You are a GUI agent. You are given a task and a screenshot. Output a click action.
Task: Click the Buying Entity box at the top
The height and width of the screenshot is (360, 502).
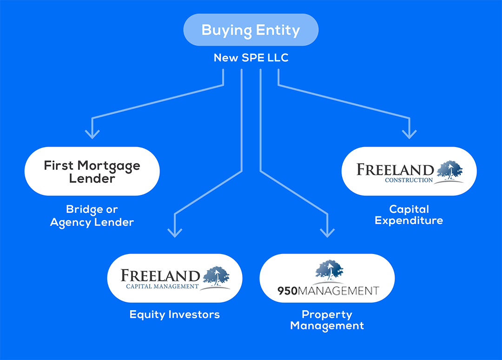(x=251, y=30)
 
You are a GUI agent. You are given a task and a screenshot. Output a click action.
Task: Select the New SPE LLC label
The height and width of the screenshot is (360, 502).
(x=251, y=58)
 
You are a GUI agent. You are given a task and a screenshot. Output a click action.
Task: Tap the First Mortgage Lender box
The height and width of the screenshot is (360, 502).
(x=92, y=171)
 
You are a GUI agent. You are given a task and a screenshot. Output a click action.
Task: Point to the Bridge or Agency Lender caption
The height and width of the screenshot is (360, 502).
(x=92, y=216)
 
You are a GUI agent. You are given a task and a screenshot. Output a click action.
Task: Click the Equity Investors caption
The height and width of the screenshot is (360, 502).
(x=175, y=315)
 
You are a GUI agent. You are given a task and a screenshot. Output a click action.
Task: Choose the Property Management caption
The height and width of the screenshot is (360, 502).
(x=327, y=320)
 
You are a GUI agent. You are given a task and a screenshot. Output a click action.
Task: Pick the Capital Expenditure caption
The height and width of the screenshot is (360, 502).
(x=409, y=214)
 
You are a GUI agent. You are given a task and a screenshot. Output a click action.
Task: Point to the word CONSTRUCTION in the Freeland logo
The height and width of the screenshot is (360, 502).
(x=409, y=180)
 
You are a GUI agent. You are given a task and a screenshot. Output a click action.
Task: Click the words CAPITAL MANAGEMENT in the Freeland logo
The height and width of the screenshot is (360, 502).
(x=162, y=287)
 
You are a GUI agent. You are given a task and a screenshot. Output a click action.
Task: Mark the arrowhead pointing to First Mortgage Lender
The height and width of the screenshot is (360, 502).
(x=92, y=134)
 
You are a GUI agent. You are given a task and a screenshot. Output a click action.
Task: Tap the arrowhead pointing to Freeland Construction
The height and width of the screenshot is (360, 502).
(x=409, y=134)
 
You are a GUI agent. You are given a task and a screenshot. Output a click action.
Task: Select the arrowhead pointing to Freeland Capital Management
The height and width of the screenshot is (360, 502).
(x=175, y=232)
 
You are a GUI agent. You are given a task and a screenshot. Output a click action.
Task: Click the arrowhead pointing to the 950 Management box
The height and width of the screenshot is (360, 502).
(x=328, y=232)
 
